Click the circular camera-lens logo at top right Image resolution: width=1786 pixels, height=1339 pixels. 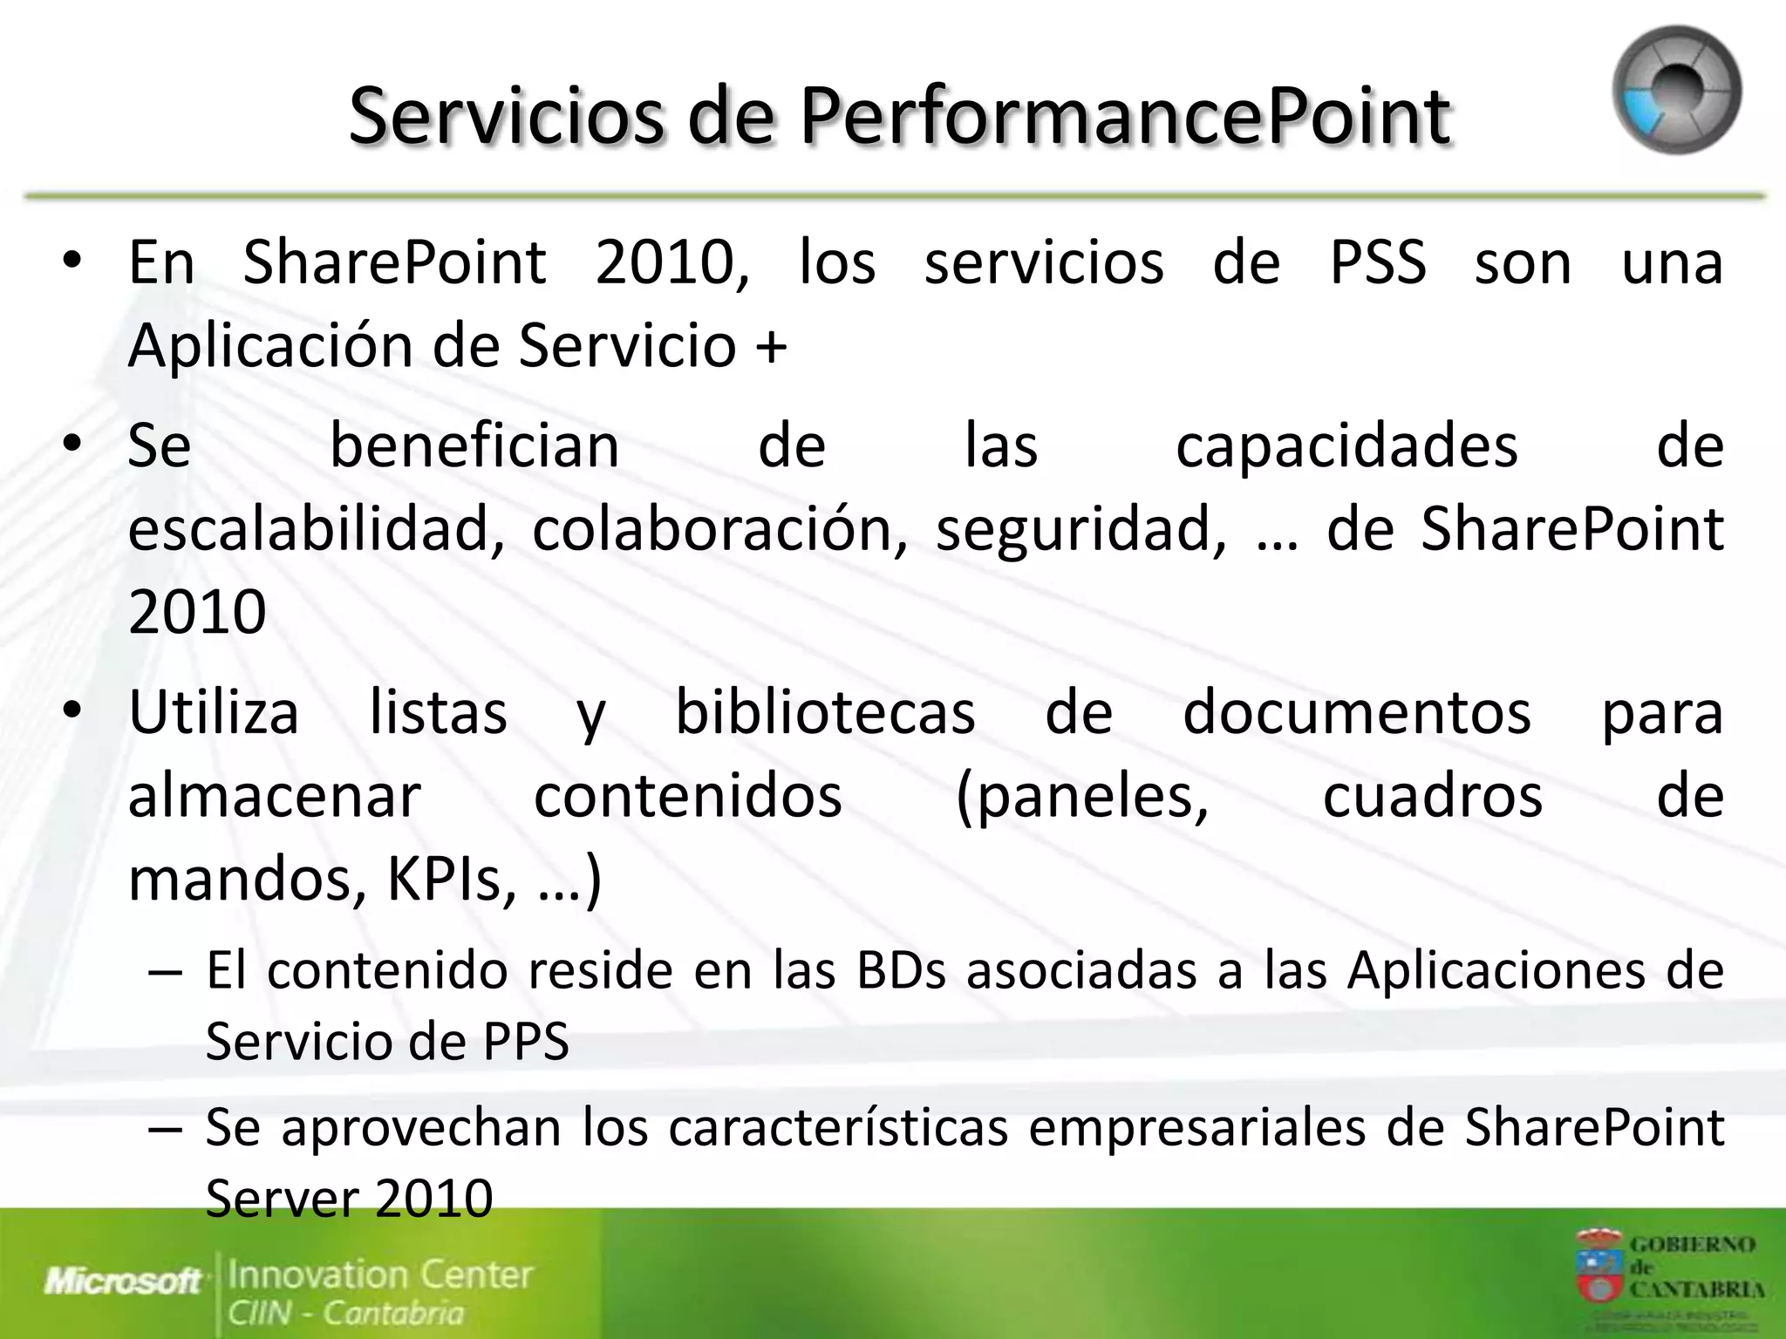pos(1676,91)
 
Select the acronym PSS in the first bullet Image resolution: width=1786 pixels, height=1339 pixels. pos(1378,262)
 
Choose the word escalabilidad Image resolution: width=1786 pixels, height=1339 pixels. pos(316,529)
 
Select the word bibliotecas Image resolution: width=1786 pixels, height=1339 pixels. pos(825,713)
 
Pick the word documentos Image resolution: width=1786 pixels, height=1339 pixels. pos(1356,713)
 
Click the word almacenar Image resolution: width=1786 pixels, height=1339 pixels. pos(275,797)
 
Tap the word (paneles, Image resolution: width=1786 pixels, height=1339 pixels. pos(1082,797)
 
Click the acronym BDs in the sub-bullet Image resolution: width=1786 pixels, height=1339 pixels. pos(901,970)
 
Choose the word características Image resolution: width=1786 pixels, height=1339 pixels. pos(838,1127)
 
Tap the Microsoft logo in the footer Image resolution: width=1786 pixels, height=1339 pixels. pos(123,1281)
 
